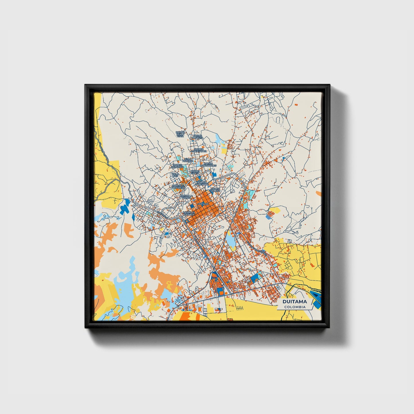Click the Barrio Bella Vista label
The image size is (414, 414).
pyautogui.click(x=180, y=134)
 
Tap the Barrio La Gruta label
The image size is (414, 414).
pyautogui.click(x=198, y=137)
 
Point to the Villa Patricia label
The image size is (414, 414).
pyautogui.click(x=188, y=160)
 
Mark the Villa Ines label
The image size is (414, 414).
pyautogui.click(x=175, y=175)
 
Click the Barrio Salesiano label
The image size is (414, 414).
pyautogui.click(x=202, y=183)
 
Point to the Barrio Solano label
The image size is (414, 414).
pyautogui.click(x=215, y=190)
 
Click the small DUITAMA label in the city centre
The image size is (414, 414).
pyautogui.click(x=203, y=204)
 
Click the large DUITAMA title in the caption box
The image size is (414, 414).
pyautogui.click(x=295, y=302)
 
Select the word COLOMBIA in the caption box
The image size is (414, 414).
pyautogui.click(x=295, y=307)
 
